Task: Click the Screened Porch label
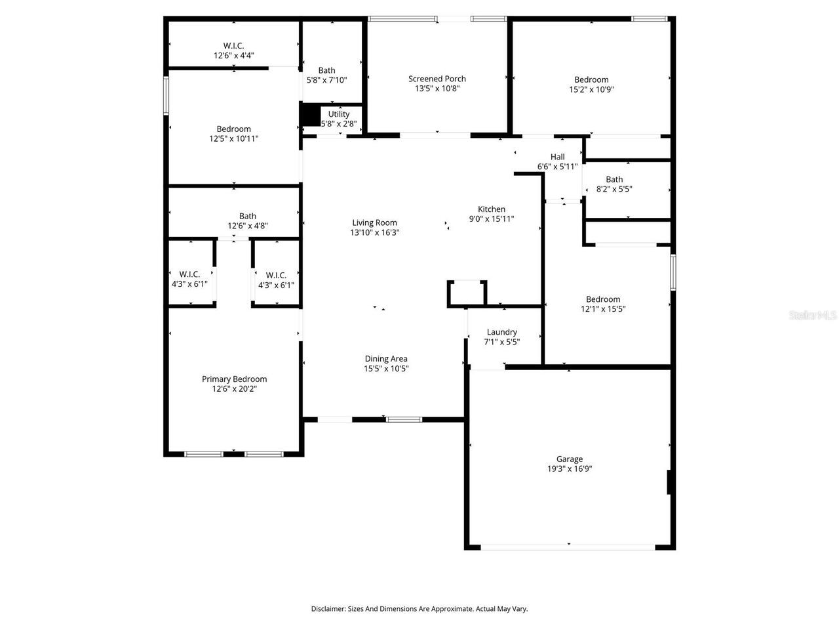pos(437,79)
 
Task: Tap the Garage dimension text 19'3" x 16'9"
pos(570,469)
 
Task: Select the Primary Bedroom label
pos(234,379)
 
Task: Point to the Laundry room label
pos(501,332)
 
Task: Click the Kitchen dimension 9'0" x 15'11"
pos(491,219)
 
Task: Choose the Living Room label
pos(374,222)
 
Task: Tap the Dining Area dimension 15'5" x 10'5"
pos(386,369)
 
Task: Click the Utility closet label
pos(339,114)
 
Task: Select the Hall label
pos(557,157)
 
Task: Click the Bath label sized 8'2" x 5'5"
pos(614,179)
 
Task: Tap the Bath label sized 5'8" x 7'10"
pos(326,70)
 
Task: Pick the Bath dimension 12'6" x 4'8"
pos(248,226)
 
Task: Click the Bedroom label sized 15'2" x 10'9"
pos(591,80)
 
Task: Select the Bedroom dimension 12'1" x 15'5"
pos(603,309)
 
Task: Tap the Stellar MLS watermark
pos(813,316)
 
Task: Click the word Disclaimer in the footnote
pos(328,609)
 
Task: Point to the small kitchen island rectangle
pos(467,293)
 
